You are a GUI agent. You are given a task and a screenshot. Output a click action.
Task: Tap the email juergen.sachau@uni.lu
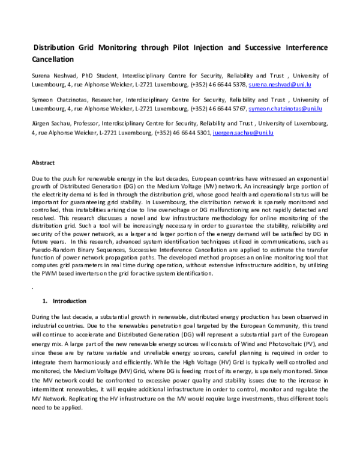pos(243,133)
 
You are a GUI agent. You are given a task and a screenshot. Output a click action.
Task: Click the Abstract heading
pos(43,163)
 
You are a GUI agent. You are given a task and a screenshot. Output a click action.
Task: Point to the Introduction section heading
pos(70,300)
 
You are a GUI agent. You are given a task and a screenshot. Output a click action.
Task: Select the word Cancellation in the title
pos(52,59)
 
